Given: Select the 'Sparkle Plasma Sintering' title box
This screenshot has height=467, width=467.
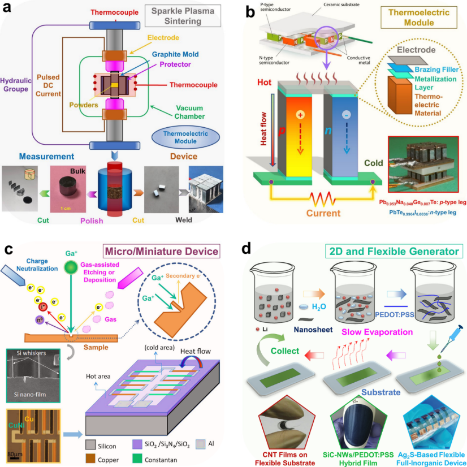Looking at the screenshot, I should (178, 17).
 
